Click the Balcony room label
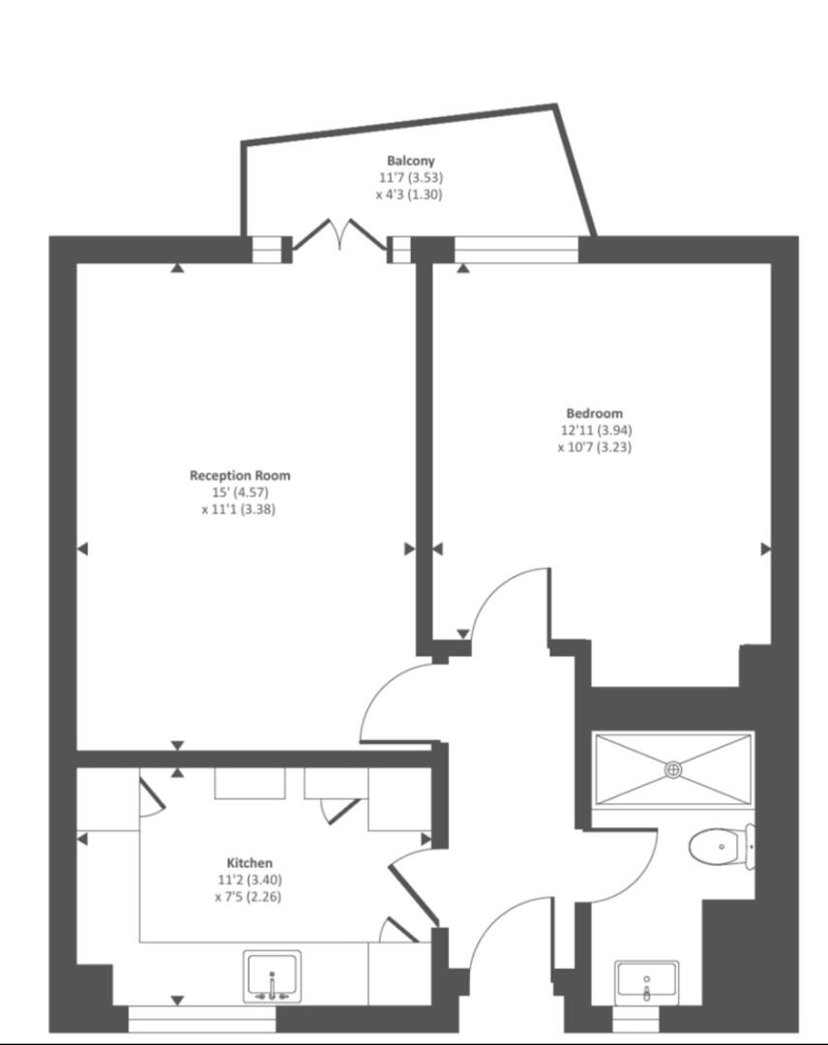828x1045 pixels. point(411,161)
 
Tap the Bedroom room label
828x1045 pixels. point(595,413)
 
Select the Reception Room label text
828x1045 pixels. point(240,475)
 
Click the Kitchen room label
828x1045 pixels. point(250,862)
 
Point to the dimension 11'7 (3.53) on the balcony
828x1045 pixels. point(411,177)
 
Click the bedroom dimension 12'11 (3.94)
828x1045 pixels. point(595,430)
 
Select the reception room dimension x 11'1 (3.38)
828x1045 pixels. point(239,509)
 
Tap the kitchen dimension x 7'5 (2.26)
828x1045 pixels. point(249,896)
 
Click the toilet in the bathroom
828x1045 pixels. point(721,848)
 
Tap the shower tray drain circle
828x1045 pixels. point(674,769)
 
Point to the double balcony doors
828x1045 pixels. point(340,236)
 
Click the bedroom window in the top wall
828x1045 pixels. point(516,250)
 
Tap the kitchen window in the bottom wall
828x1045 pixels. point(202,1019)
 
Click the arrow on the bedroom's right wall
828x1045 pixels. point(766,549)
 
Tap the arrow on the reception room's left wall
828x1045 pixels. point(82,549)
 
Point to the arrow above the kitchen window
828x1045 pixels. point(177,1000)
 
